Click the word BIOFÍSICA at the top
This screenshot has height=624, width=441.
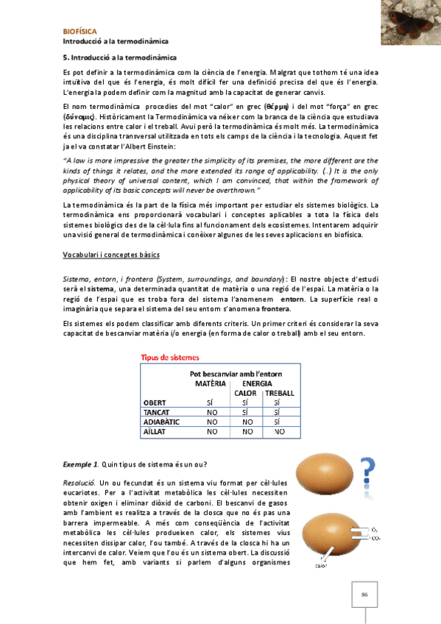79,32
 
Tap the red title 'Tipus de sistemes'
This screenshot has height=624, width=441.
170,358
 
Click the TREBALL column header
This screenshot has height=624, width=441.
279,393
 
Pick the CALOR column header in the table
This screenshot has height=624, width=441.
245,393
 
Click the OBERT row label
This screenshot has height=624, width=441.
155,403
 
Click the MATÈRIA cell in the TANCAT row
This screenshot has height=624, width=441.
212,412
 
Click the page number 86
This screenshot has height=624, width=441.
363,594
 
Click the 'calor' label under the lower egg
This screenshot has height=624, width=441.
322,566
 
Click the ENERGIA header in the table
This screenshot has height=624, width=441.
257,383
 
